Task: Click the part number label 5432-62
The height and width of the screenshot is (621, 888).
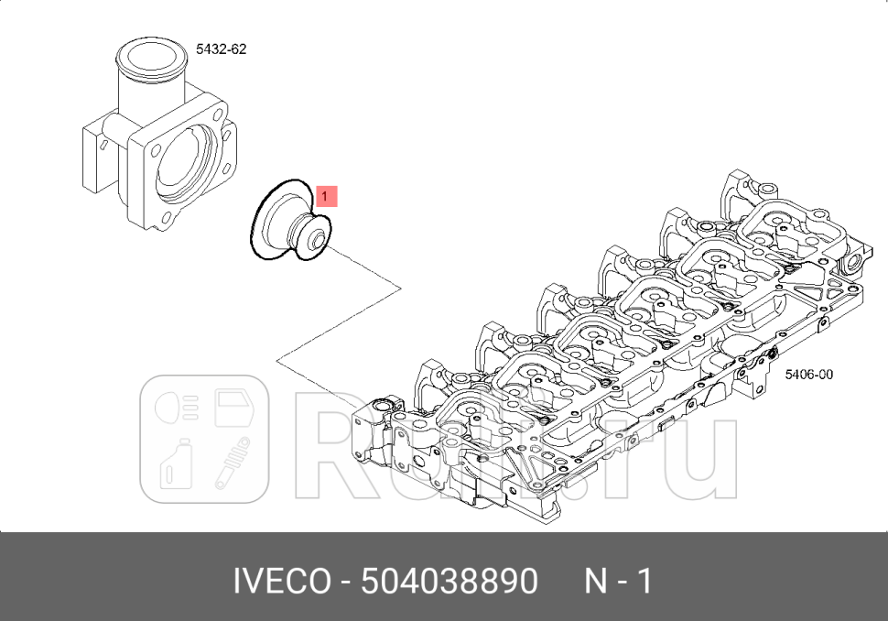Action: [221, 49]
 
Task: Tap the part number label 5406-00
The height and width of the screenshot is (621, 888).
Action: [808, 374]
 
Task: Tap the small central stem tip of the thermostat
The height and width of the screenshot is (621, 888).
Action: [317, 241]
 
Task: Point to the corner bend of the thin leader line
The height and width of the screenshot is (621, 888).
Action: [401, 289]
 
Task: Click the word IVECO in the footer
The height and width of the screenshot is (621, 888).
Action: [280, 581]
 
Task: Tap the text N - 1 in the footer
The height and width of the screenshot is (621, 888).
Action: [618, 581]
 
